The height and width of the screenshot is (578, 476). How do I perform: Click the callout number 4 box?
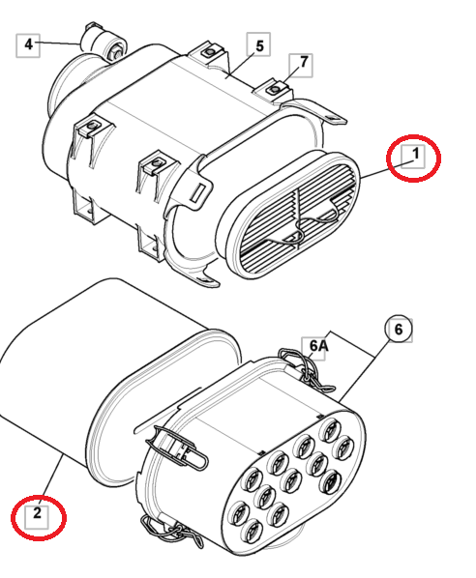tap(29, 43)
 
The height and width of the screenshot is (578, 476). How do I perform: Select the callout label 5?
tap(258, 44)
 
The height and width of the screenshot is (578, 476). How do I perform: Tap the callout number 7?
tap(304, 63)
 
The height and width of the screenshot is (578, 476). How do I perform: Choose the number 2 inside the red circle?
tap(37, 514)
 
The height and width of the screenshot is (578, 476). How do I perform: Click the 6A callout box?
tap(319, 345)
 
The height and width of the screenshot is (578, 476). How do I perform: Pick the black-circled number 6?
tap(397, 330)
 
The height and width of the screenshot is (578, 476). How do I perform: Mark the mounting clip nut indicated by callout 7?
tap(276, 89)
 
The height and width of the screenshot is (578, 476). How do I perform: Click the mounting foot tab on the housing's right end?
tap(329, 115)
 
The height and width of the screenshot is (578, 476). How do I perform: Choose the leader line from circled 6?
tap(368, 367)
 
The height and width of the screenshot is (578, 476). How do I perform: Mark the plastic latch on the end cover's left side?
tap(179, 448)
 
